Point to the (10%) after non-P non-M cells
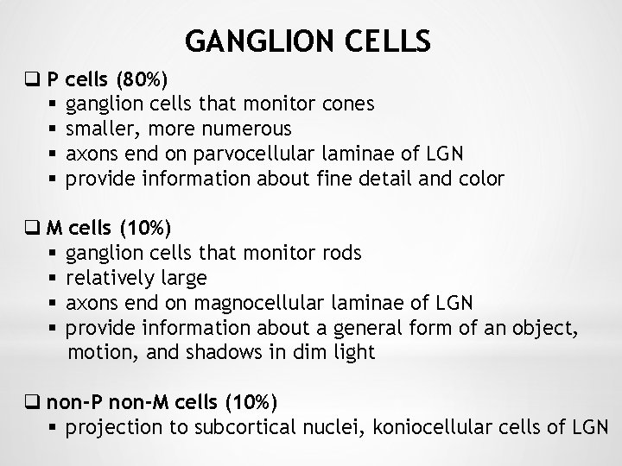251,402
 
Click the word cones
346,104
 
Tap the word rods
340,254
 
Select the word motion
95,352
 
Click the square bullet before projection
54,427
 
